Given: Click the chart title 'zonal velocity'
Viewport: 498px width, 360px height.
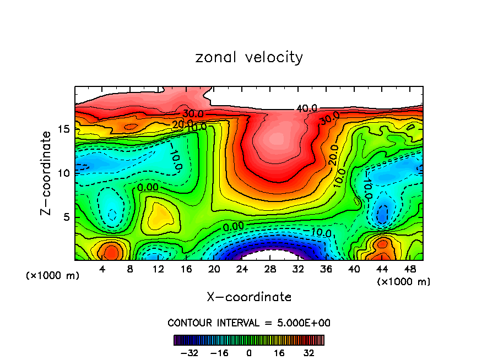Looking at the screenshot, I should [x=249, y=57].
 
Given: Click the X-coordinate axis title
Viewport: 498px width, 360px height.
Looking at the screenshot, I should [x=249, y=297].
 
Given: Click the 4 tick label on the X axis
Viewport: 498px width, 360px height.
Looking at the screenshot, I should [x=102, y=270].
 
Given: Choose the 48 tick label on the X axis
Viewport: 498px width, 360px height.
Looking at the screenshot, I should [x=409, y=270].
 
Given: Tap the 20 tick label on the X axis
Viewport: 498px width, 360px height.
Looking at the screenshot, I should [x=214, y=270].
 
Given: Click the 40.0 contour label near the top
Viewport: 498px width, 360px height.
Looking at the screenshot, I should [x=306, y=108].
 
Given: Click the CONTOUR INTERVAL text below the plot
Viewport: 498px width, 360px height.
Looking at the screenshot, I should [x=249, y=323].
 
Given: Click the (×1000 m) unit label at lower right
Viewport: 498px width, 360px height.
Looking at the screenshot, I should [x=404, y=282].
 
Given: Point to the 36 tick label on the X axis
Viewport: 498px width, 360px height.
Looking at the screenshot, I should [x=326, y=270].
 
